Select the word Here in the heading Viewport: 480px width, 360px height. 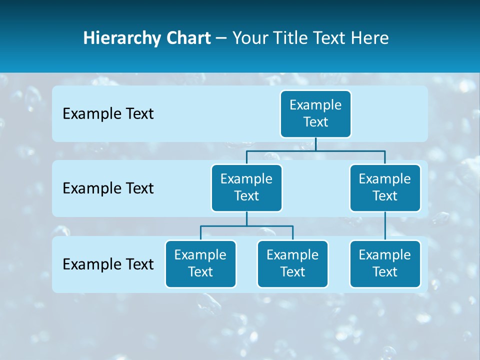(x=370, y=38)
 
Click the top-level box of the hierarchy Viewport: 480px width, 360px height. (x=315, y=113)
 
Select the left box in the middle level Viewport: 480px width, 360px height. (x=246, y=187)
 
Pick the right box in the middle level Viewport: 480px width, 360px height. (x=385, y=187)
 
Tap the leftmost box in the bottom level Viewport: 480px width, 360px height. (x=200, y=263)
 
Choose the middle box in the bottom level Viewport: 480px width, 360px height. (x=292, y=263)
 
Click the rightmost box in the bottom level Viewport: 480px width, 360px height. (x=385, y=263)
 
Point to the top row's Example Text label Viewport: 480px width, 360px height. (x=108, y=114)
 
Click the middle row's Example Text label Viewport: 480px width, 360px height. (x=108, y=188)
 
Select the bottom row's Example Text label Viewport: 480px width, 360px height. (x=108, y=264)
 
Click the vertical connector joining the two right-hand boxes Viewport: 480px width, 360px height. (x=385, y=226)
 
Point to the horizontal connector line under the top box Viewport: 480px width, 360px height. (x=350, y=150)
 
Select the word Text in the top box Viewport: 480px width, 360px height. (x=315, y=122)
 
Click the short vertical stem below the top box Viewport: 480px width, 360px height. (x=315, y=144)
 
